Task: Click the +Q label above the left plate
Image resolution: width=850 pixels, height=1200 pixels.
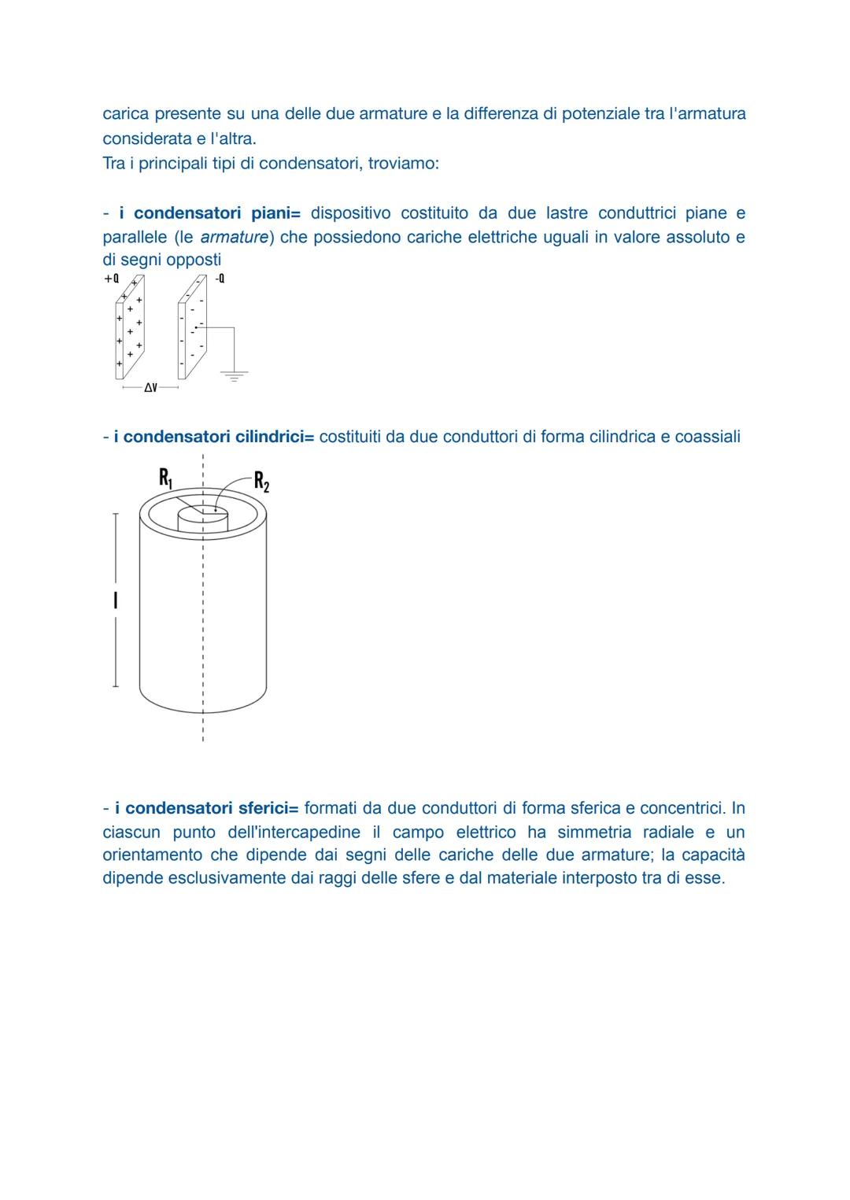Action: click(x=111, y=279)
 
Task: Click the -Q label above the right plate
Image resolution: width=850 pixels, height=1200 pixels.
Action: click(x=220, y=279)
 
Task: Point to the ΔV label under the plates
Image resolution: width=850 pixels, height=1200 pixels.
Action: click(x=150, y=388)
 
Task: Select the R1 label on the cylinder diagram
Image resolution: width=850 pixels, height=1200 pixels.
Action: click(x=165, y=477)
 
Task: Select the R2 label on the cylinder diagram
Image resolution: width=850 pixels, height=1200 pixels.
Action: click(x=261, y=482)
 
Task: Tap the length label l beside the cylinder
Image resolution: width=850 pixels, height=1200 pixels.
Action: click(x=116, y=600)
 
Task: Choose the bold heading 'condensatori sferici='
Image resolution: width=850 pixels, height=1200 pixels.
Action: click(x=213, y=808)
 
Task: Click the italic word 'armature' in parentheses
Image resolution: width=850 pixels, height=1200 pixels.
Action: click(x=235, y=237)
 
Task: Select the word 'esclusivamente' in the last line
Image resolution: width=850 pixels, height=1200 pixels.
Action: click(x=226, y=877)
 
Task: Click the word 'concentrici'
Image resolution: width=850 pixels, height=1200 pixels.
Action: click(x=682, y=808)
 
